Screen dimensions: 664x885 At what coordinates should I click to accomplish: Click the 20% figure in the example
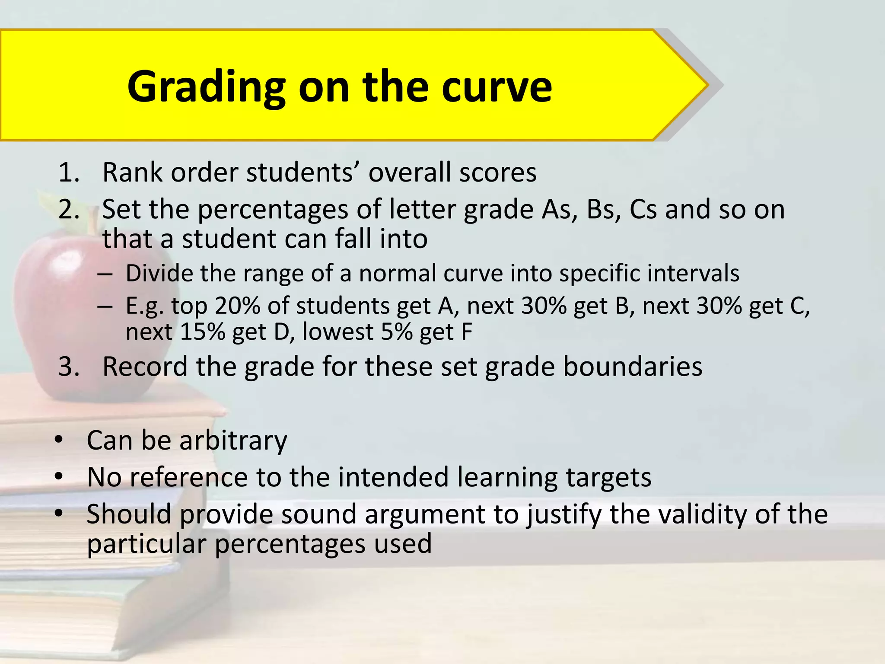237,306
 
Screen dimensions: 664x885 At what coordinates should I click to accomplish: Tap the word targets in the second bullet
608,478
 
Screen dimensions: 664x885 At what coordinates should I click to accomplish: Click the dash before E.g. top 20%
105,306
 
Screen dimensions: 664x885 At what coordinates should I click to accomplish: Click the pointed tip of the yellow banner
707,85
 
